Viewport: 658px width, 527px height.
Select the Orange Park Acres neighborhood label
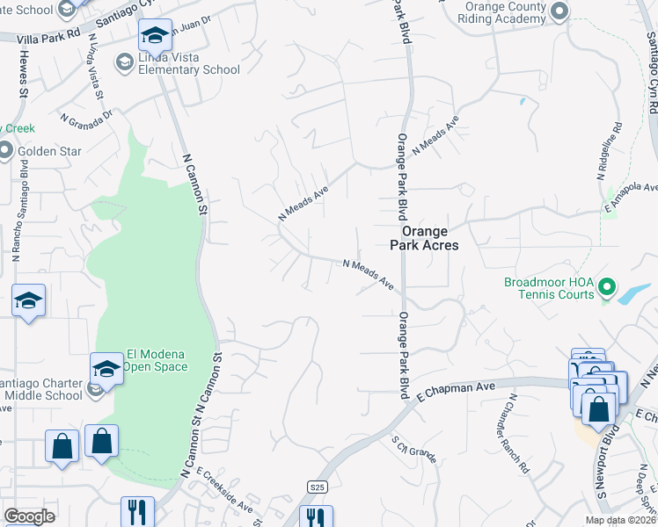(430, 238)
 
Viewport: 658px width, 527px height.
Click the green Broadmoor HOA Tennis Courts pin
(606, 286)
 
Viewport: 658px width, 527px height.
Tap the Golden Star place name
(50, 151)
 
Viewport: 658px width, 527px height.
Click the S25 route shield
(318, 487)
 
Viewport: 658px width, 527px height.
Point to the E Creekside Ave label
(225, 491)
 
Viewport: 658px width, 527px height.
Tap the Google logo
(29, 516)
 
